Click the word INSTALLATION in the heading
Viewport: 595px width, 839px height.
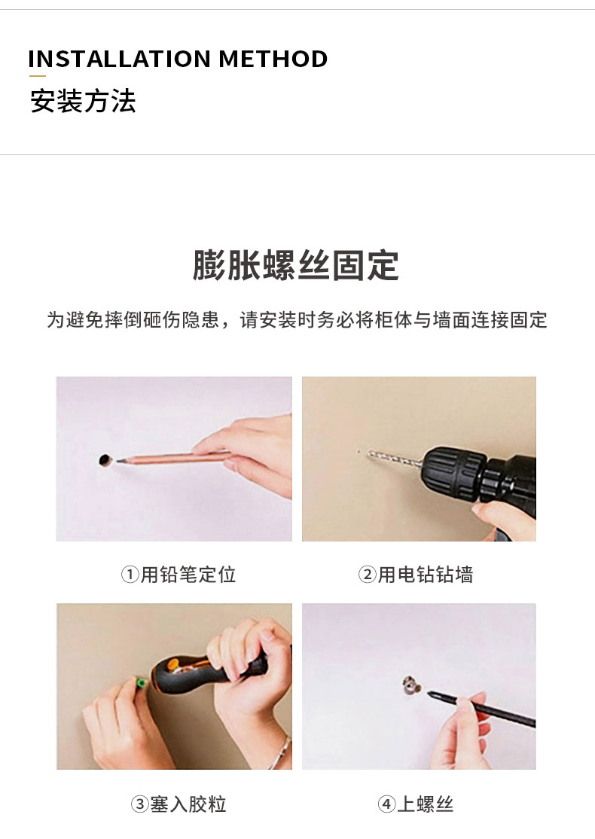(119, 59)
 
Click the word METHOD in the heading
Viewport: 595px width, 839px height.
(273, 59)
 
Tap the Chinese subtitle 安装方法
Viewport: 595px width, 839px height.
(83, 101)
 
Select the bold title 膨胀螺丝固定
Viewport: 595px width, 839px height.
(296, 265)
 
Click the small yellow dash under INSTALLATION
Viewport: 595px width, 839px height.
(37, 76)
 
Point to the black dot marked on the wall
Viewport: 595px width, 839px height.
(105, 459)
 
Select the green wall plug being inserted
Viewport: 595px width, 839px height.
(142, 683)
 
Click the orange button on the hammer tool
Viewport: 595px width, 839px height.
(172, 666)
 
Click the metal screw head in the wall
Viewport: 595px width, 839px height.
(411, 685)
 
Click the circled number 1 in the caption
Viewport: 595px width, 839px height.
(130, 575)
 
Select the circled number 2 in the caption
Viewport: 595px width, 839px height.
(367, 575)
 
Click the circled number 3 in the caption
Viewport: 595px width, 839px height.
(139, 804)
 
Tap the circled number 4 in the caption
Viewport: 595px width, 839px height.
(386, 804)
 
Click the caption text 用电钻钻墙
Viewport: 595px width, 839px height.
(426, 575)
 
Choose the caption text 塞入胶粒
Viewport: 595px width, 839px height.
(188, 804)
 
